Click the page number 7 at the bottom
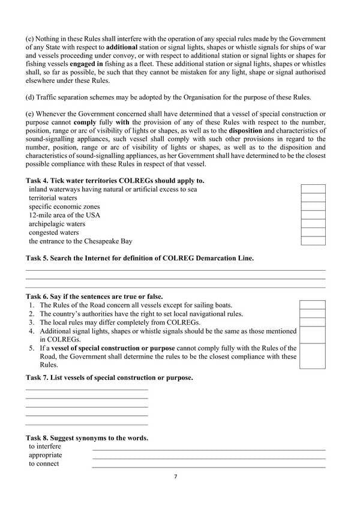click(x=175, y=477)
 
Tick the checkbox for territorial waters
click(x=313, y=197)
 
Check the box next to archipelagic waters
click(x=313, y=224)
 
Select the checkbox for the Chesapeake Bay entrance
click(x=313, y=241)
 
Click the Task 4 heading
click(x=115, y=180)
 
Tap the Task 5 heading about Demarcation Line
click(x=140, y=258)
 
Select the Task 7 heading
click(x=109, y=378)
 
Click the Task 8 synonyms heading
click(x=87, y=438)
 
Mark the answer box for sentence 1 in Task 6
click(x=312, y=305)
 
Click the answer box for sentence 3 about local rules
click(x=312, y=322)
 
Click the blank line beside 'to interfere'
click(x=208, y=448)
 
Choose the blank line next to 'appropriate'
click(x=208, y=456)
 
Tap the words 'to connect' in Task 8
click(x=44, y=464)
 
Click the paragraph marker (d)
click(x=31, y=97)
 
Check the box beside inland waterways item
click(x=313, y=189)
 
